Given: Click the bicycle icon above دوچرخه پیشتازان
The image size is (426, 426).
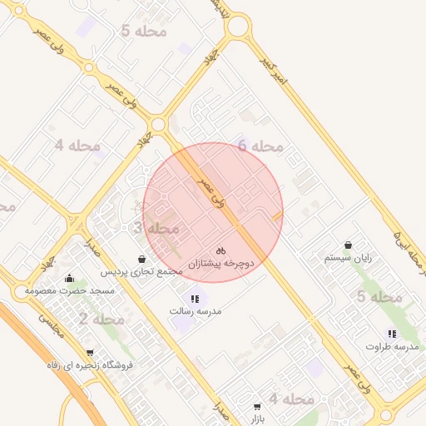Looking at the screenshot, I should tap(220, 250).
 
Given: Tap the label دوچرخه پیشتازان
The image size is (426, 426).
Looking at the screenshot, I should tap(220, 263).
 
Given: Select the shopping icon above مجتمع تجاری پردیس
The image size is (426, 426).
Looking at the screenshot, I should tap(141, 260).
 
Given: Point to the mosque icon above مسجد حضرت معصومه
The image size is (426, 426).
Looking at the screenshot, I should tap(68, 278).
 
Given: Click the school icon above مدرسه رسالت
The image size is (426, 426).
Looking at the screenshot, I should tap(195, 299).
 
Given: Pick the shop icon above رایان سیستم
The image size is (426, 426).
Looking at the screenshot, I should tap(347, 246).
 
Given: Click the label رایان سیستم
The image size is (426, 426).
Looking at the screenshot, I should tap(348, 259).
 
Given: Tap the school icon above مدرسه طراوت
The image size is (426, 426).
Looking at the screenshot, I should tap(392, 334).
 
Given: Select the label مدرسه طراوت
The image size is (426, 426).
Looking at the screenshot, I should tap(388, 345).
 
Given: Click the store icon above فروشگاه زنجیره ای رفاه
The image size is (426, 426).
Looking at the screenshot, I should tap(90, 353).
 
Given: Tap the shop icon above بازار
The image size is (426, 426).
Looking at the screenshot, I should tap(256, 407).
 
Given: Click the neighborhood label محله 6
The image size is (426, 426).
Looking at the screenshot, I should tap(260, 146).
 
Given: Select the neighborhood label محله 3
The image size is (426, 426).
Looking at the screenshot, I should tap(156, 227).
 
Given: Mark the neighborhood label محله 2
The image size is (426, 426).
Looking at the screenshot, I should tap(102, 319).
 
